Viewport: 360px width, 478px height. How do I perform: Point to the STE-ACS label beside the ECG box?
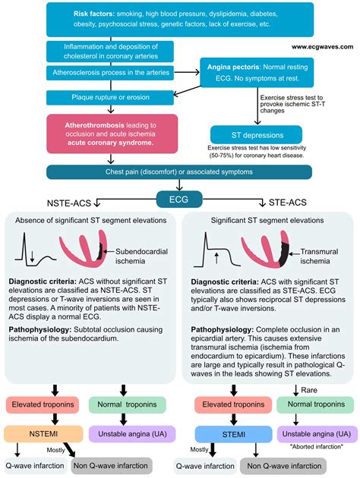[x=290, y=203]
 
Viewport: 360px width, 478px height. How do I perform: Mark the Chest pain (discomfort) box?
[x=179, y=171]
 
